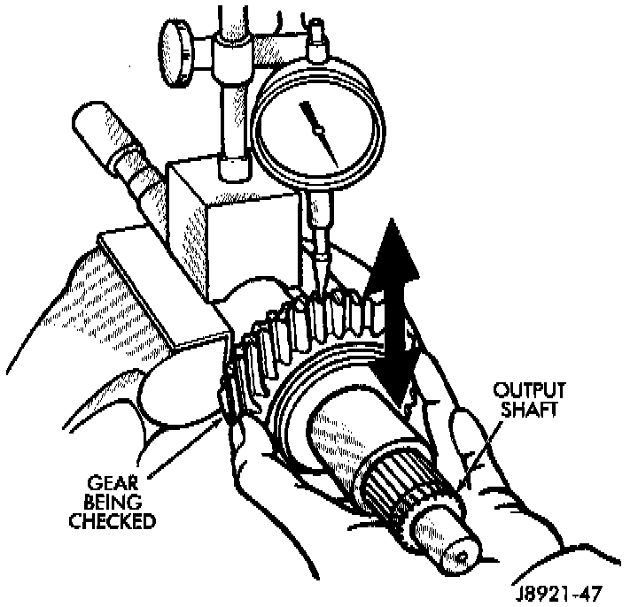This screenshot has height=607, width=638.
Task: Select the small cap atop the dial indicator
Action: point(314,40)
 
